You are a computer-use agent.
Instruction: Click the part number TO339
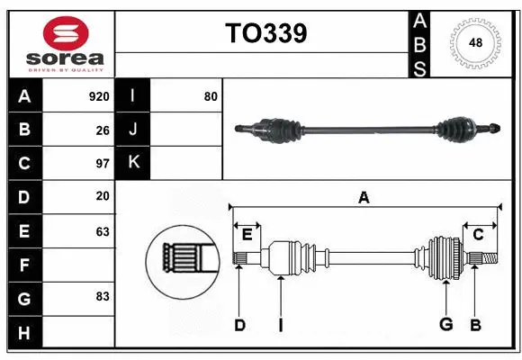click(x=265, y=33)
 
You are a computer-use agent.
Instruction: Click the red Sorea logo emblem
click(x=66, y=35)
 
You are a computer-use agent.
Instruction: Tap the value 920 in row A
click(x=98, y=96)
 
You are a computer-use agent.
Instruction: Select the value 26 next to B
click(x=102, y=130)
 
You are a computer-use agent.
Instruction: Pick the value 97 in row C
click(x=102, y=164)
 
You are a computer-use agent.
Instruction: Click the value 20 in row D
click(x=102, y=196)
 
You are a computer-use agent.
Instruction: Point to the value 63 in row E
click(x=102, y=231)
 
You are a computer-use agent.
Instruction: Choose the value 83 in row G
click(x=102, y=295)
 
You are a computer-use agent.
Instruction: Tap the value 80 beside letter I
click(x=210, y=96)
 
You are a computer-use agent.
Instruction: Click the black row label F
click(x=24, y=265)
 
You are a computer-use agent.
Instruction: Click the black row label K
click(x=133, y=163)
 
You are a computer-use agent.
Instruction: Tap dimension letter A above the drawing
click(x=364, y=198)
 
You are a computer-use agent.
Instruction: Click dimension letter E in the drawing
click(x=247, y=236)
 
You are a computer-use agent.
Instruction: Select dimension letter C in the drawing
click(x=478, y=235)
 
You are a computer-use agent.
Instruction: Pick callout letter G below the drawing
click(x=445, y=324)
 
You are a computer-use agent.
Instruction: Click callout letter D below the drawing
click(x=239, y=325)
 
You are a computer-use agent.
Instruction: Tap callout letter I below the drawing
click(x=280, y=325)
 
